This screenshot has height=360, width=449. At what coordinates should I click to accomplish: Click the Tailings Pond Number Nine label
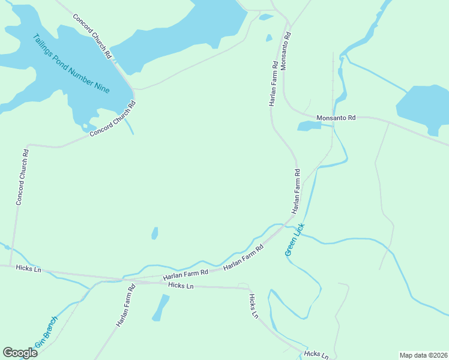click(70, 64)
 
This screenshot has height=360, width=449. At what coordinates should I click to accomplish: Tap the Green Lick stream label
click(295, 240)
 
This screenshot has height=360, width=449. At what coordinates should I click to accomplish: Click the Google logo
click(20, 352)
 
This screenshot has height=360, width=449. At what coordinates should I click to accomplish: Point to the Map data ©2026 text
click(423, 355)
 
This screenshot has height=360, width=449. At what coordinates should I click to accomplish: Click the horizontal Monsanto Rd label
click(336, 118)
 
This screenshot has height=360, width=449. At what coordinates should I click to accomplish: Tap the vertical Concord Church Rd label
click(22, 177)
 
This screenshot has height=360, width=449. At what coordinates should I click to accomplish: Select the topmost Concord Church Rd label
click(92, 36)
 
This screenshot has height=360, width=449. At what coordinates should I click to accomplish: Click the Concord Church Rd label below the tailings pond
click(113, 119)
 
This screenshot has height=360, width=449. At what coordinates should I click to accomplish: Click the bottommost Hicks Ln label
click(316, 354)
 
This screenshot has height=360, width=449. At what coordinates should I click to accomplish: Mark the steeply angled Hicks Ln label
click(254, 305)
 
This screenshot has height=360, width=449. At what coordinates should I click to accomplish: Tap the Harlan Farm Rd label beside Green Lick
click(296, 191)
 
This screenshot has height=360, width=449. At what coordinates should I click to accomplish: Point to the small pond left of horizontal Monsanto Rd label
click(309, 125)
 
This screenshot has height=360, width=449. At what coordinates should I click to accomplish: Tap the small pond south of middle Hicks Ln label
click(160, 307)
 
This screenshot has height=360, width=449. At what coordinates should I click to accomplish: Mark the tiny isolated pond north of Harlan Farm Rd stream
click(155, 233)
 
